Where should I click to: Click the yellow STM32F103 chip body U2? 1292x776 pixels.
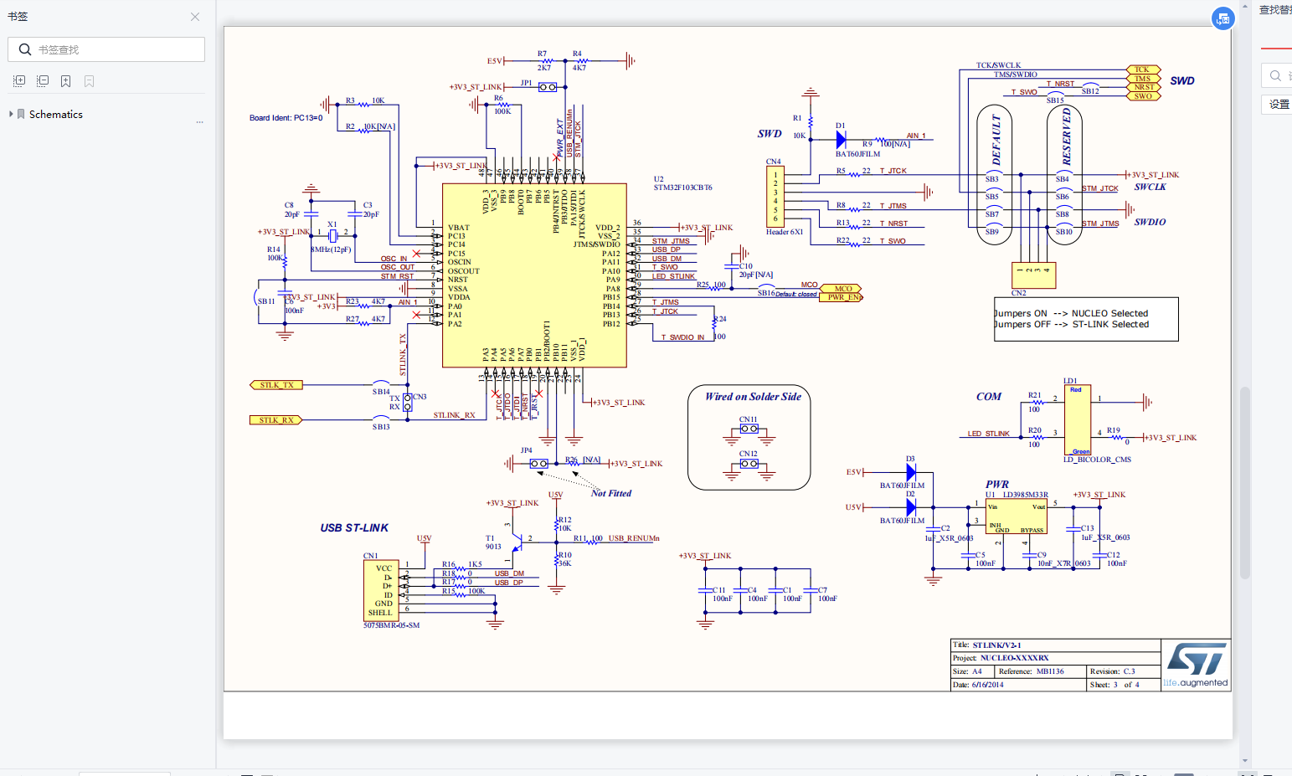point(534,276)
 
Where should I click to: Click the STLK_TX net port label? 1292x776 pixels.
point(276,385)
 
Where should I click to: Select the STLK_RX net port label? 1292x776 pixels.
point(275,420)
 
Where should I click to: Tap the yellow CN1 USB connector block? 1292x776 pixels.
point(381,590)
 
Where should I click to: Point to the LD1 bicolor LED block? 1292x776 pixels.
point(1078,420)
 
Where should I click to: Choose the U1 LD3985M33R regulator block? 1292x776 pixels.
point(1016,517)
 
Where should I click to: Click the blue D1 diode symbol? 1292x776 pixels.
point(841,140)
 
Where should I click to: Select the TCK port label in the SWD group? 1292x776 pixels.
point(1142,69)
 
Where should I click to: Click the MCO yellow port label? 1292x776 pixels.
point(842,289)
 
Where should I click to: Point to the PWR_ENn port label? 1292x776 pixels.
point(842,297)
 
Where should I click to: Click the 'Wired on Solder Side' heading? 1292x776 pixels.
point(753,397)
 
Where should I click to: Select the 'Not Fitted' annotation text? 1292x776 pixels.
point(611,494)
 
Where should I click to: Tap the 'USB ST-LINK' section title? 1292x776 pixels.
point(354,528)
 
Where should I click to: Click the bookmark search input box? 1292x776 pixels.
point(106,49)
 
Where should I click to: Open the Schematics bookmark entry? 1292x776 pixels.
point(55,115)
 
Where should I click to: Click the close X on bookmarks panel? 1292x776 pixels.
point(195,17)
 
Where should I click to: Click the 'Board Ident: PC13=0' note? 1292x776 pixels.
point(286,118)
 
